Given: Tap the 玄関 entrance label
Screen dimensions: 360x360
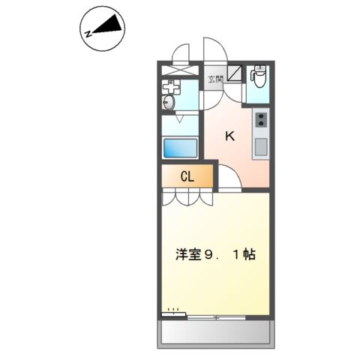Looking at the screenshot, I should point(215,78).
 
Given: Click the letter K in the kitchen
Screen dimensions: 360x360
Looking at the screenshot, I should point(230,136).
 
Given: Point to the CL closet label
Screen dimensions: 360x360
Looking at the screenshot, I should point(187,177).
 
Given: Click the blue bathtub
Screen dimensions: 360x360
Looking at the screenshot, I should point(181,147).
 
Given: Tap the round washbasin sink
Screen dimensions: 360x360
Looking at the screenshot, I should point(169,102).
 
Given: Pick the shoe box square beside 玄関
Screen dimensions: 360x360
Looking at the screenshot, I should point(234,73).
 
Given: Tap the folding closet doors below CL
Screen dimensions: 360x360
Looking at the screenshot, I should point(187,197).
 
